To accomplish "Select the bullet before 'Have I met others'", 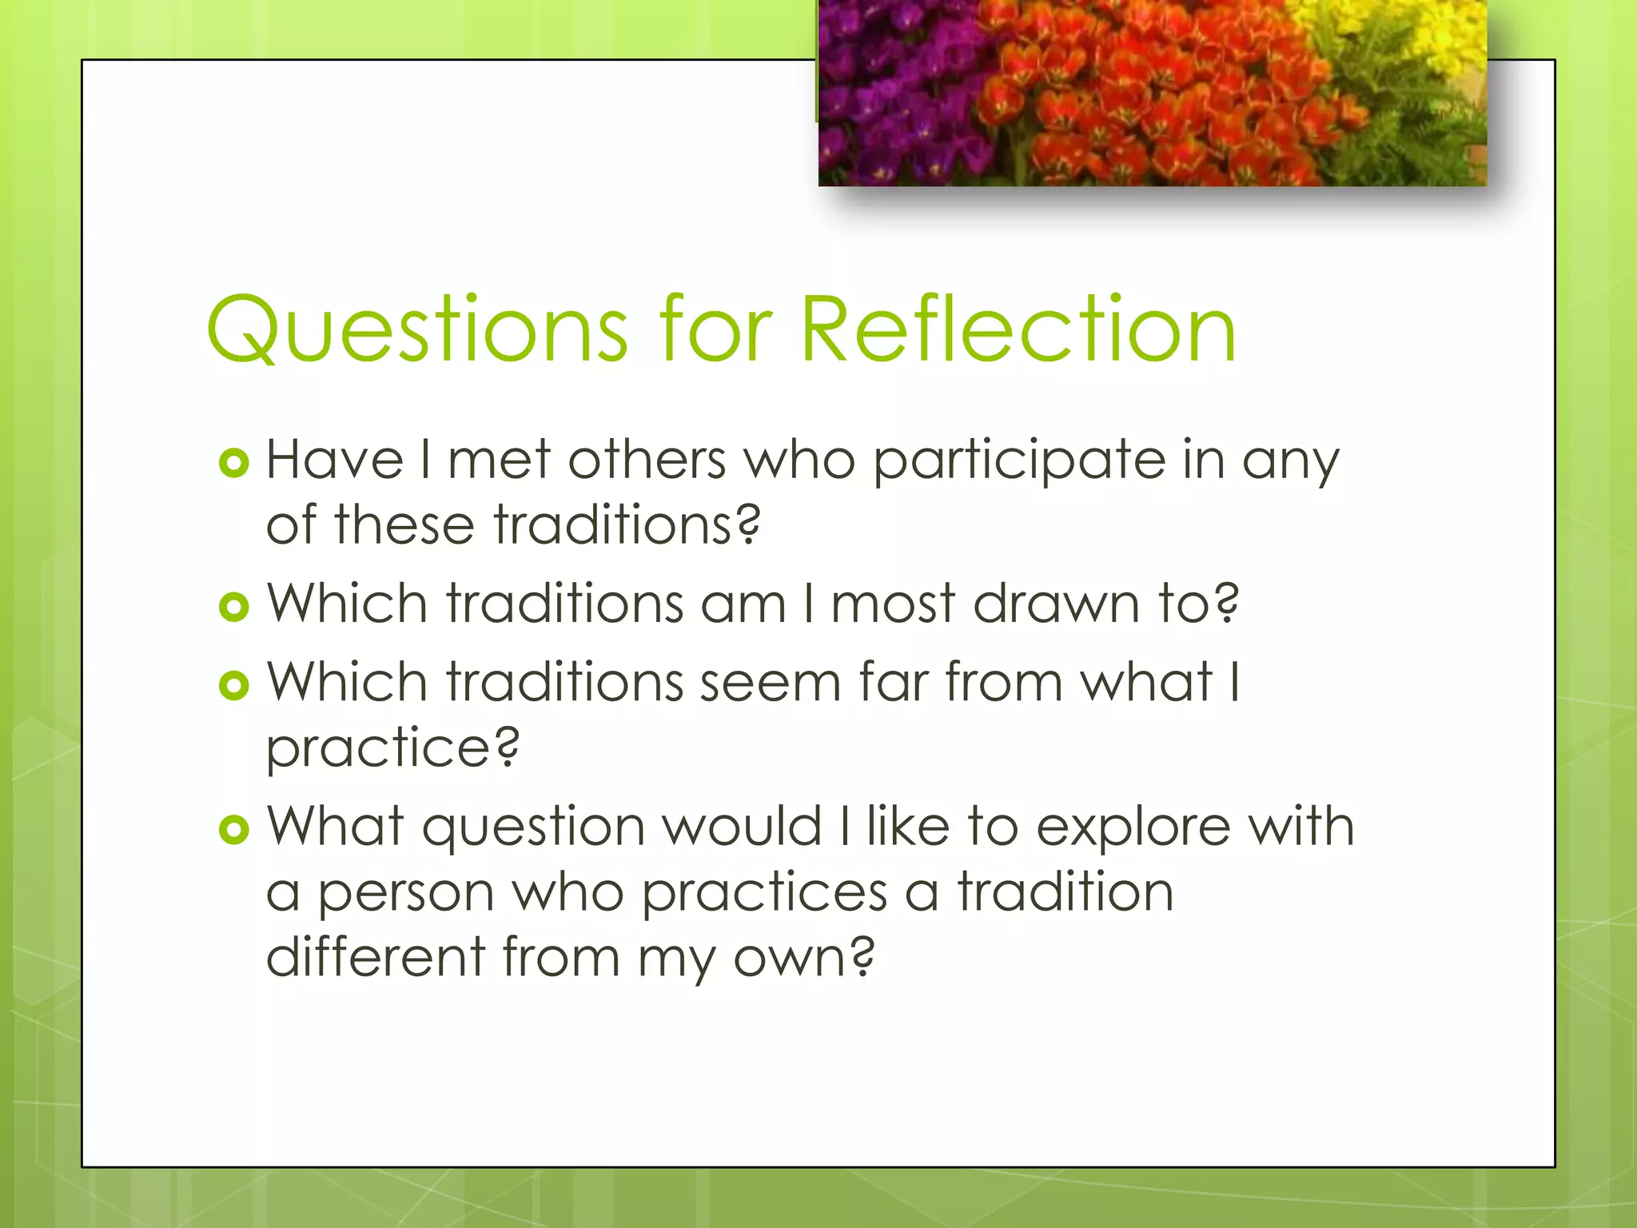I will click(x=234, y=463).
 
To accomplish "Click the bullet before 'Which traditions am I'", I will click(x=234, y=607).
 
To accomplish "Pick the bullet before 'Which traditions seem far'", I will click(x=234, y=685).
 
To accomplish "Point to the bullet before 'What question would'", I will click(x=234, y=829).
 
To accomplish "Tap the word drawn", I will click(x=1056, y=604).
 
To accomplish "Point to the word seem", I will click(x=771, y=684).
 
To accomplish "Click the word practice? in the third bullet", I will click(x=392, y=749).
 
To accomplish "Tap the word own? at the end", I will click(x=804, y=958).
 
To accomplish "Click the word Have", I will click(x=335, y=461).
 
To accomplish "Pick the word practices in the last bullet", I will click(x=764, y=893).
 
